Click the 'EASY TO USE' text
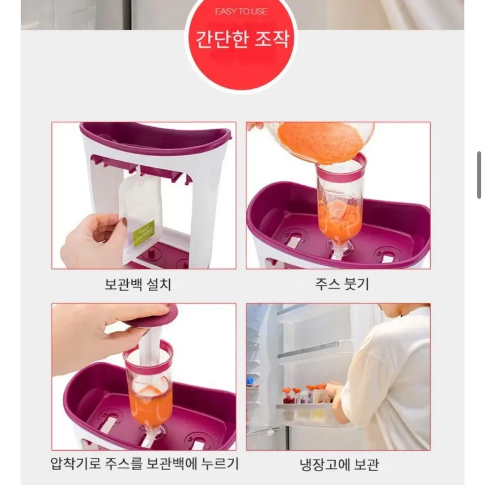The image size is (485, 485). tap(241, 12)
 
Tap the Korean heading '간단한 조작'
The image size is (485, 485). tap(242, 40)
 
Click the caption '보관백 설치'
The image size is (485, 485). tap(138, 285)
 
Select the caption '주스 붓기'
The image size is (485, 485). tap(342, 285)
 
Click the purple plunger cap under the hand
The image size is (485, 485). tap(151, 316)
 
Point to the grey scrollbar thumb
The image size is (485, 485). tap(479, 175)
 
